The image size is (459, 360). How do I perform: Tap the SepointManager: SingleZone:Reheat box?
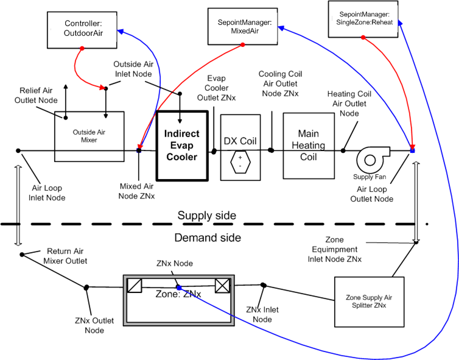pyautogui.click(x=364, y=18)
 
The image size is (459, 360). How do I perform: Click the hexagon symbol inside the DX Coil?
pyautogui.click(x=240, y=162)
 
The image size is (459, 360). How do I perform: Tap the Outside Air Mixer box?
pyautogui.click(x=89, y=136)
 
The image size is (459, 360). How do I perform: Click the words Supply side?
pyautogui.click(x=206, y=216)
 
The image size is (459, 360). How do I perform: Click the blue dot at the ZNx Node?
pyautogui.click(x=179, y=287)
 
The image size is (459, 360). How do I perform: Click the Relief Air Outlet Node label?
pyautogui.click(x=38, y=95)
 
